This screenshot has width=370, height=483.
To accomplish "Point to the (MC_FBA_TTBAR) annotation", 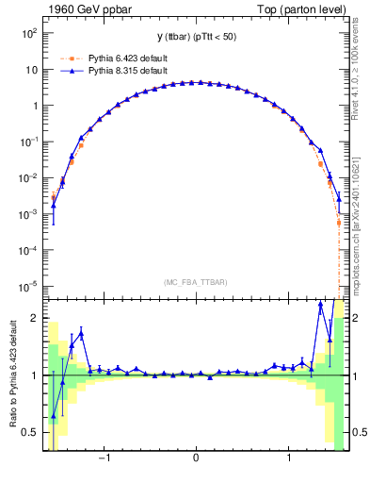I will [195, 282].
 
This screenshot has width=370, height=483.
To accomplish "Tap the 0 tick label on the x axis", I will [195, 459].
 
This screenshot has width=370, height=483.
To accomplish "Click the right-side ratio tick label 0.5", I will [360, 432].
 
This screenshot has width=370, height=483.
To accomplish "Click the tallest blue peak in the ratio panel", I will [320, 304].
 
